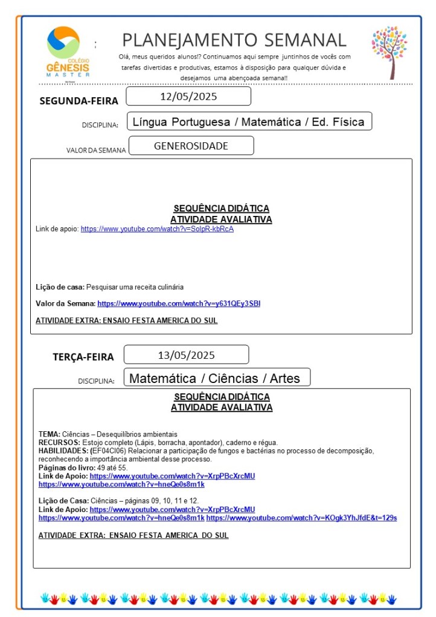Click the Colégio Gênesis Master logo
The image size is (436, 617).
(x=68, y=51)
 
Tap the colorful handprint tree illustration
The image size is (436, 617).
(x=389, y=51)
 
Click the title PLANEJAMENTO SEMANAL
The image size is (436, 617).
(x=234, y=40)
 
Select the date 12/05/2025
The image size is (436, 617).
(x=188, y=97)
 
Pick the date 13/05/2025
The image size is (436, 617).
(x=186, y=355)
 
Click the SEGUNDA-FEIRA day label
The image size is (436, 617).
(x=79, y=101)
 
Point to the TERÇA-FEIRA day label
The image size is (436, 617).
(x=83, y=357)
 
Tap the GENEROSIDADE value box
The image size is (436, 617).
(x=191, y=146)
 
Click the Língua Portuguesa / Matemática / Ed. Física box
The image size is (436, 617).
(x=248, y=122)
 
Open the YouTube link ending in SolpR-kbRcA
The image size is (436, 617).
(x=157, y=229)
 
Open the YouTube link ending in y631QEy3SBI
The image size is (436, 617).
(x=179, y=303)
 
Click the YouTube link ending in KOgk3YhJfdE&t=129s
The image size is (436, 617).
(x=301, y=517)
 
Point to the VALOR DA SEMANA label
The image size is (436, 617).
(x=96, y=150)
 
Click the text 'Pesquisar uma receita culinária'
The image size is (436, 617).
(x=135, y=287)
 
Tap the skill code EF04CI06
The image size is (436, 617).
(x=109, y=451)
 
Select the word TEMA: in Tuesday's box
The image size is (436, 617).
(x=50, y=434)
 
